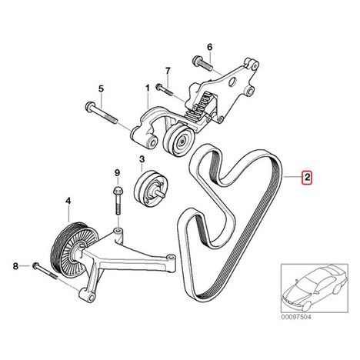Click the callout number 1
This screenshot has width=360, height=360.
click(148, 88)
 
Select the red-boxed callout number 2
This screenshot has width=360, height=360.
click(307, 177)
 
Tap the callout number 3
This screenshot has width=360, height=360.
click(142, 159)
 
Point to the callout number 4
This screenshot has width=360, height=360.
click(68, 202)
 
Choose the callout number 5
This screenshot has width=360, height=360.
click(101, 89)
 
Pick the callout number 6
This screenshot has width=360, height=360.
click(210, 47)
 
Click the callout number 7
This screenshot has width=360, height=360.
click(168, 71)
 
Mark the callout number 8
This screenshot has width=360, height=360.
click(15, 266)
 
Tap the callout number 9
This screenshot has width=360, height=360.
click(117, 173)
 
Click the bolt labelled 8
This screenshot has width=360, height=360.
click(45, 271)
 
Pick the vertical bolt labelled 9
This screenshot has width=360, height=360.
click(118, 201)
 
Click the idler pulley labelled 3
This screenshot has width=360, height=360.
click(151, 188)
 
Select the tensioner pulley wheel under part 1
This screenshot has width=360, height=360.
click(179, 139)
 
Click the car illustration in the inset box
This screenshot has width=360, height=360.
click(315, 288)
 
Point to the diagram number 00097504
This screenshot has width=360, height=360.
click(296, 317)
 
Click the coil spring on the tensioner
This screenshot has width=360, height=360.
click(198, 108)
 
